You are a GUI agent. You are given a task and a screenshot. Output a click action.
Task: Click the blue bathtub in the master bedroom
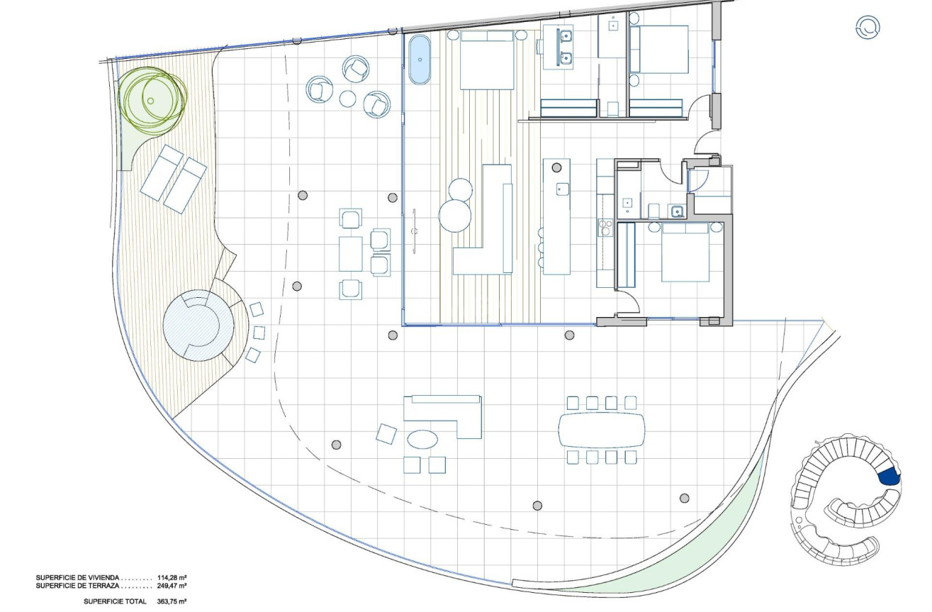click(420, 60)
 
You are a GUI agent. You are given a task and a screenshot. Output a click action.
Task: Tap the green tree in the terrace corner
click(152, 100)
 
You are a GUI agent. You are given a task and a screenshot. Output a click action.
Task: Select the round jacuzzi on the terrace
click(198, 326)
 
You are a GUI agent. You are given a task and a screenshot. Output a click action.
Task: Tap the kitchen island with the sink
click(557, 216)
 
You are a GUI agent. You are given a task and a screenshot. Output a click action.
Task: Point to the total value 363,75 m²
click(172, 601)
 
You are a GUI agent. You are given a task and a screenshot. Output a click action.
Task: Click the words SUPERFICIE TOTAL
click(115, 601)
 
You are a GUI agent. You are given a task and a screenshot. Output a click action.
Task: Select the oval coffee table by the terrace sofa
click(424, 440)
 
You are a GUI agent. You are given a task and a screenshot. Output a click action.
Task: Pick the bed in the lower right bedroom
click(685, 252)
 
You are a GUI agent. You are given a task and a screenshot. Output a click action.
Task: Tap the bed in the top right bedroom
click(660, 50)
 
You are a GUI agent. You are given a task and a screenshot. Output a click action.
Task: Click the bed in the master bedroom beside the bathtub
click(487, 60)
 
